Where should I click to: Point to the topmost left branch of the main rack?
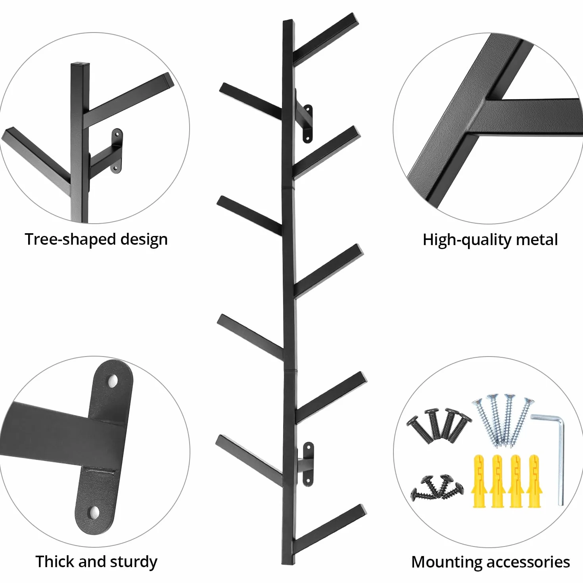click(251, 101)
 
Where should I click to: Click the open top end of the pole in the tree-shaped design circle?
click(80, 64)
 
